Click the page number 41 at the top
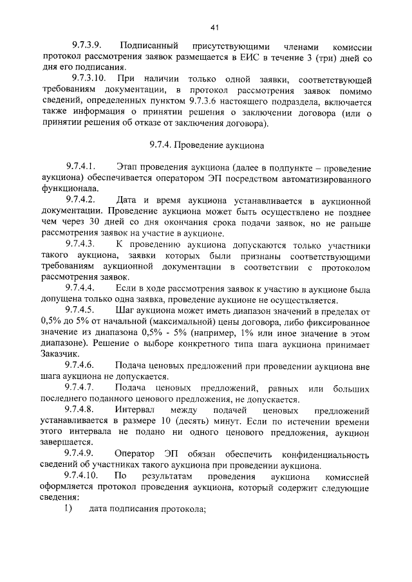[x=216, y=27]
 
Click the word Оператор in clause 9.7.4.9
[x=138, y=454]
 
